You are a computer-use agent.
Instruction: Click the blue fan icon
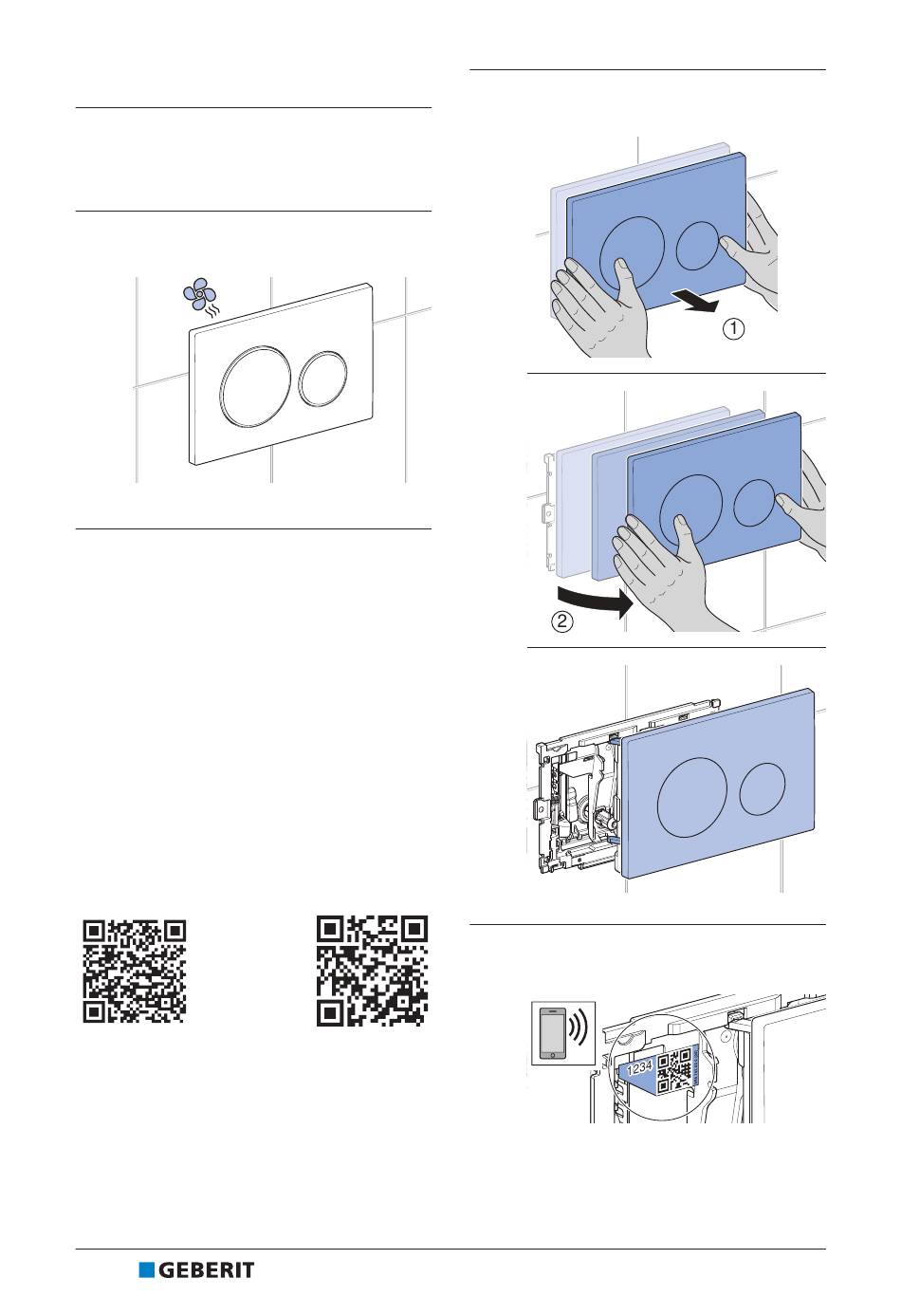point(199,294)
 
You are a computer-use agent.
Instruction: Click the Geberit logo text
point(207,1270)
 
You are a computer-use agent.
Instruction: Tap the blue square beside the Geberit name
point(146,1270)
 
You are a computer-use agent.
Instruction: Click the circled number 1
point(734,329)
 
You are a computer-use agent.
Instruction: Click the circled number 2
point(562,622)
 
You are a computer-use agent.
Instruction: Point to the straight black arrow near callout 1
point(694,302)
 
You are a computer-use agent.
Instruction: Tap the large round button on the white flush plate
point(255,386)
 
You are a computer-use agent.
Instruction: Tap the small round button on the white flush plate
point(322,379)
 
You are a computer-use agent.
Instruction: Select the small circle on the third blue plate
point(763,789)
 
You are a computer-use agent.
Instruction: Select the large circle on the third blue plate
point(692,797)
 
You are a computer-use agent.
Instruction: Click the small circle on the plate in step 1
point(698,246)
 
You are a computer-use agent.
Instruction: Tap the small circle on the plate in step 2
point(755,503)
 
